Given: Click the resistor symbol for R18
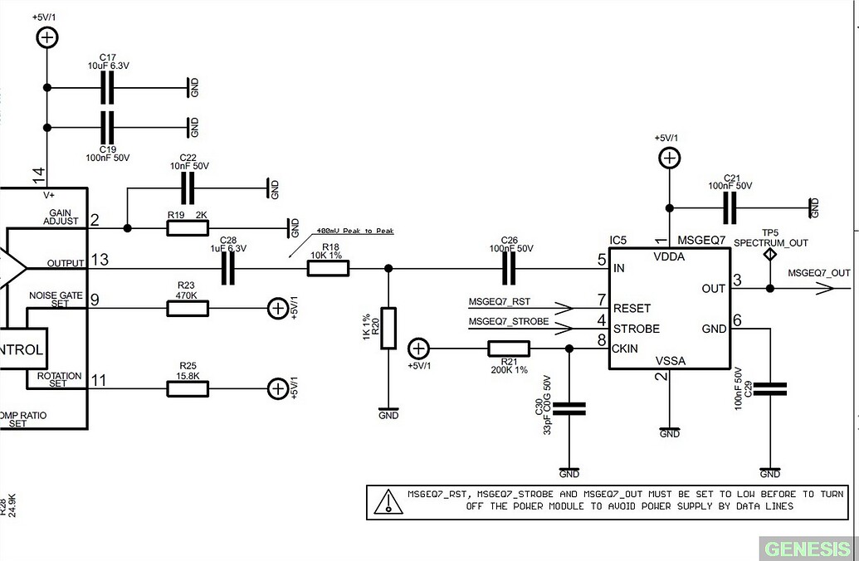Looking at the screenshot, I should tap(328, 268).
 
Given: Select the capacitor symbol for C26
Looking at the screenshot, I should tap(509, 268).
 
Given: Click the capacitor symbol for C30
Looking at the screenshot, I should tap(569, 408).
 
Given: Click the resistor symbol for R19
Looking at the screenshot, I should tap(187, 228).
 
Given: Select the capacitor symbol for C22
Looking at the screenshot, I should tap(188, 188).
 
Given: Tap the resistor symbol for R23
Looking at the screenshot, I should tap(187, 309).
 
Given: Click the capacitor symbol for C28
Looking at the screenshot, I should tap(227, 268).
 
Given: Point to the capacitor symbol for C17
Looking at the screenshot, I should tap(107, 87).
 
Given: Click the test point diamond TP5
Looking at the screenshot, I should tap(769, 255).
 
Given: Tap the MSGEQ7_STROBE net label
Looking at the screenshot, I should tap(508, 321).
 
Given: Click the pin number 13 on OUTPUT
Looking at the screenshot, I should tap(100, 260).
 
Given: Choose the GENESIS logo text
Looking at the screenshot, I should tap(808, 549).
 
